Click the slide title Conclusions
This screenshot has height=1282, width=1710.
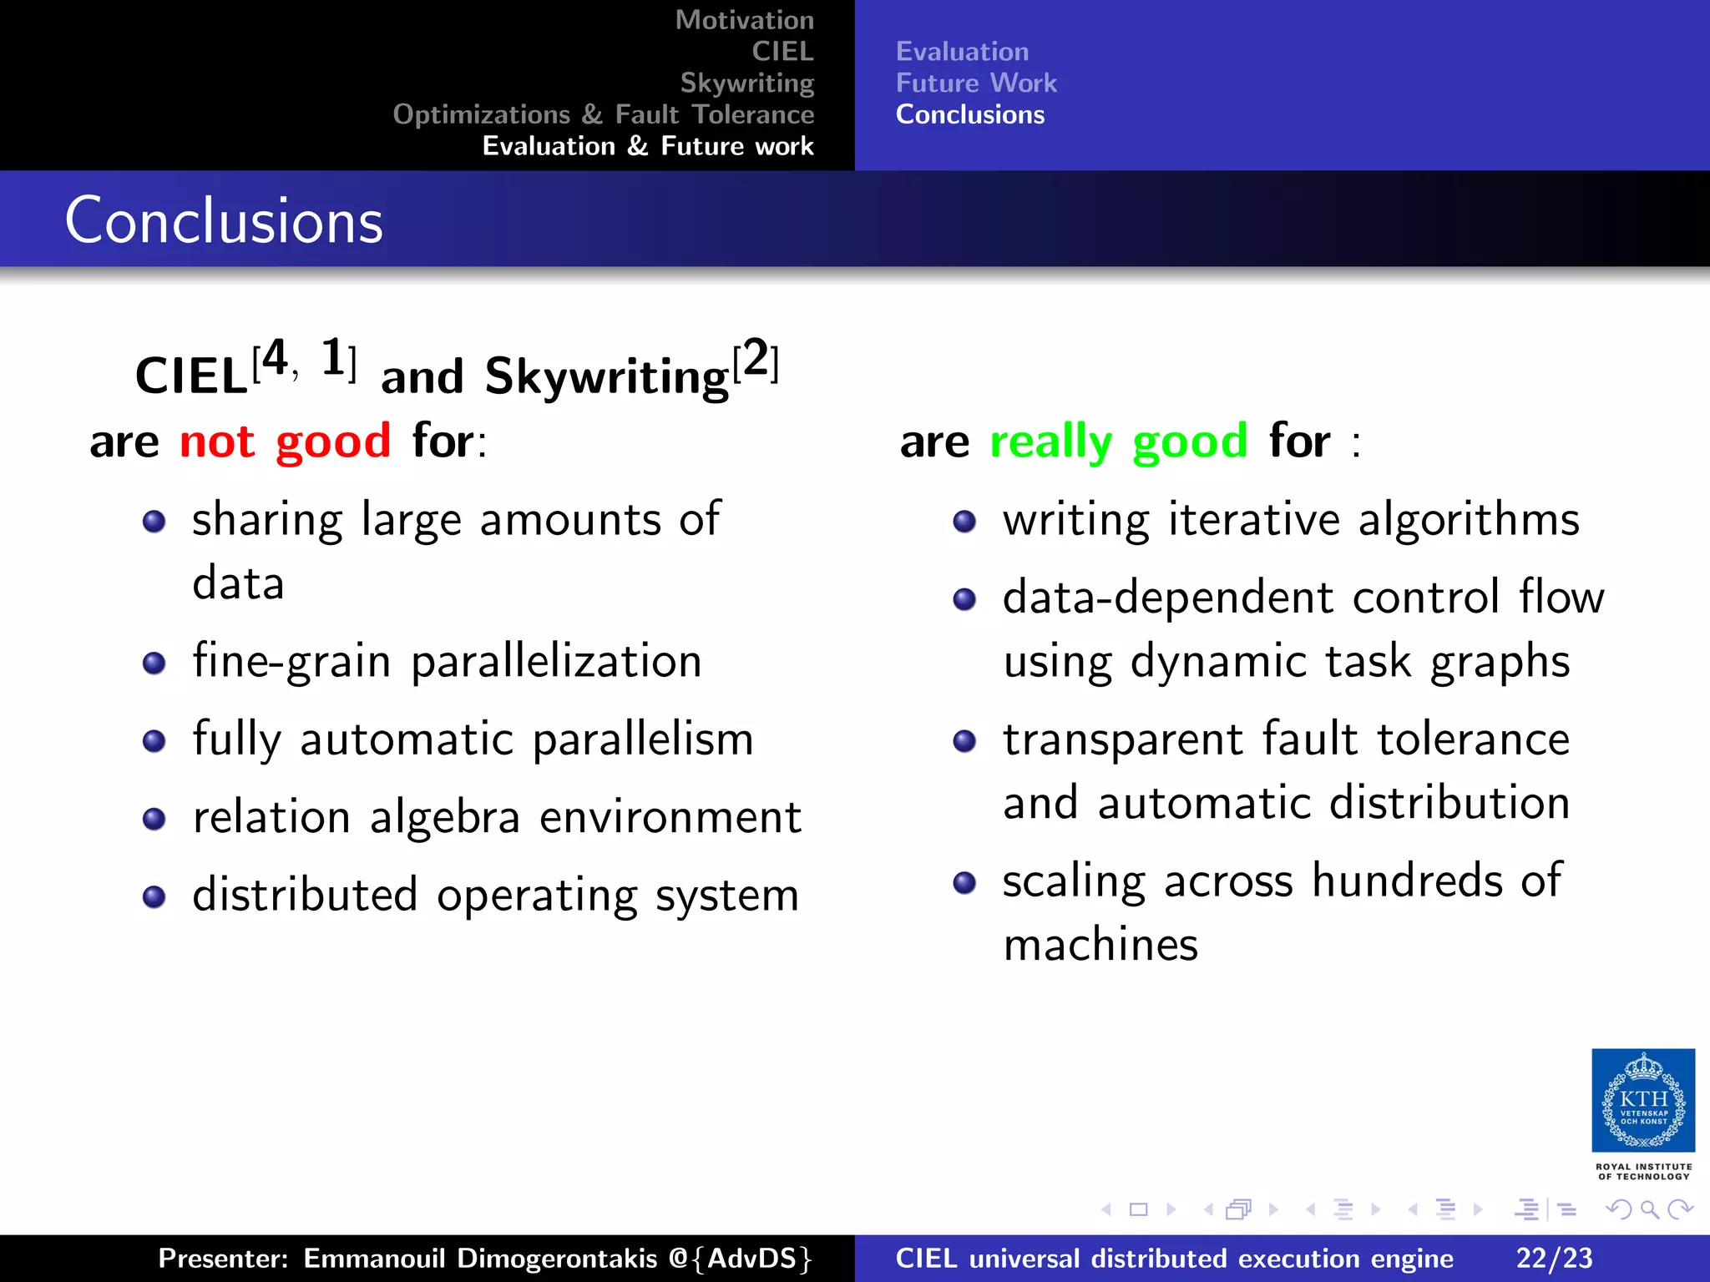pos(224,221)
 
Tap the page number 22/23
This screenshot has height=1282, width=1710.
pos(1554,1258)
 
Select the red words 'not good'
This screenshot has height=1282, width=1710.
pos(285,441)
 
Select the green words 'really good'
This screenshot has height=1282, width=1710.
pos(1118,441)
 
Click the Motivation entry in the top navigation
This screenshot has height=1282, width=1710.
pos(744,20)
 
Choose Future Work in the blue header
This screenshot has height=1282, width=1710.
pos(975,83)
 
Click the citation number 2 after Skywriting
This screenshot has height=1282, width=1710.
pos(756,361)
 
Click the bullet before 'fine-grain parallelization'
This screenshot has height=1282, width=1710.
pos(154,664)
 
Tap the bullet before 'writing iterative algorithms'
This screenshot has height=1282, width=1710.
pos(964,522)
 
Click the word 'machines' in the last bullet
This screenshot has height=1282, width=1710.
pos(1100,945)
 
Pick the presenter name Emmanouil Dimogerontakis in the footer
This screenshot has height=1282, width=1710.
pos(480,1258)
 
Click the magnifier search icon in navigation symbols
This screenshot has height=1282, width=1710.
pos(1649,1209)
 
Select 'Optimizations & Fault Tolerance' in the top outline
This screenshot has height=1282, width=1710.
pos(603,114)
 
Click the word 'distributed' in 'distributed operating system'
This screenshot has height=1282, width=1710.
pos(305,895)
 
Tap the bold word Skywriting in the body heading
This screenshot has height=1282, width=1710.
pos(607,376)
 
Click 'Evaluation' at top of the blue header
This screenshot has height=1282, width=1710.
pos(962,52)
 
